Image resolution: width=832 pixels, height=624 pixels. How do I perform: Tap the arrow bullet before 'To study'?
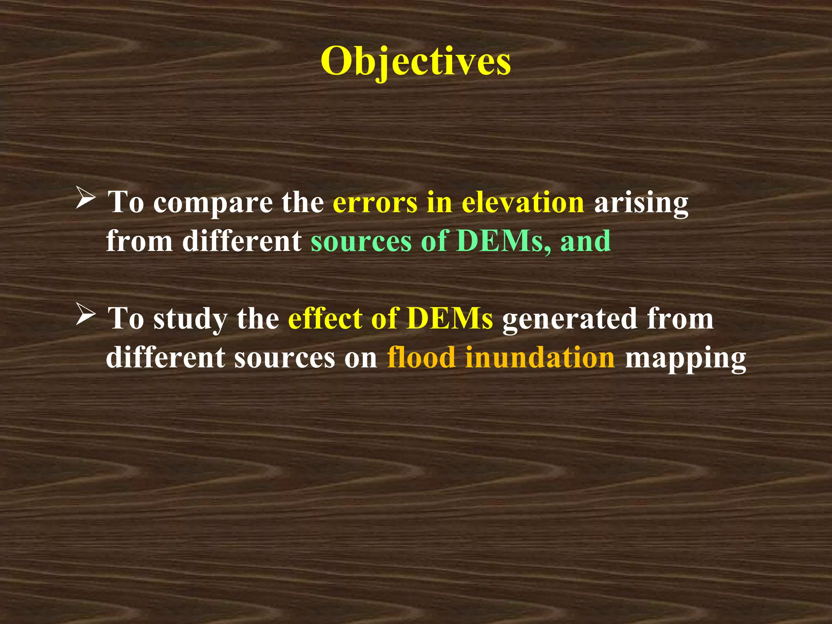click(86, 316)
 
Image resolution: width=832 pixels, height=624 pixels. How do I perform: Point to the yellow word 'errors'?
click(375, 202)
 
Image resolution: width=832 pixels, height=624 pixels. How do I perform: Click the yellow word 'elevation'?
click(523, 202)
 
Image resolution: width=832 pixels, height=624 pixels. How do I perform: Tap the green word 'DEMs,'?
click(504, 241)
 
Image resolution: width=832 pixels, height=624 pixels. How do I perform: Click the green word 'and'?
click(585, 241)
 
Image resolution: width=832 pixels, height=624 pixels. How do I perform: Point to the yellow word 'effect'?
click(325, 318)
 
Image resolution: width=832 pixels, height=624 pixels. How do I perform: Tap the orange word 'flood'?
click(421, 357)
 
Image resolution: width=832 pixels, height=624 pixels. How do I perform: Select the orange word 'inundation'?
click(540, 357)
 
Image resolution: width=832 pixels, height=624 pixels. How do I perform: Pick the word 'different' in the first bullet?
click(242, 241)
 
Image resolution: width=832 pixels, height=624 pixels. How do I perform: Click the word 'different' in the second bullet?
click(165, 357)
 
